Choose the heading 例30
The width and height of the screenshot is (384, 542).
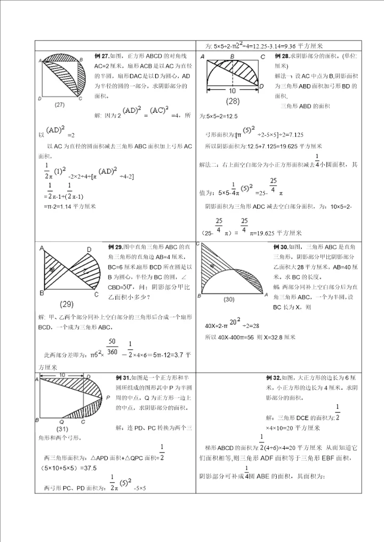point(281,247)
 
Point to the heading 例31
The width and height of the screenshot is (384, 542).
point(123,378)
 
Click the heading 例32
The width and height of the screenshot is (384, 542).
point(273,378)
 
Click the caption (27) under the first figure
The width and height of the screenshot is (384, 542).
point(59,105)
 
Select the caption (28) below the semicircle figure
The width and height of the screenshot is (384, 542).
point(233,101)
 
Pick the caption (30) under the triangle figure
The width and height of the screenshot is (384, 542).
point(229,300)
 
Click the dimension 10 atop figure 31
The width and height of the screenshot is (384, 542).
point(62,375)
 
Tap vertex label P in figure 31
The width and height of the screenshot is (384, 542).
point(108,397)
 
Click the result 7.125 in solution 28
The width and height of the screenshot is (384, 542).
point(292,135)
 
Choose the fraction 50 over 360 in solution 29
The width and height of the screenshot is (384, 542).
point(113,346)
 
